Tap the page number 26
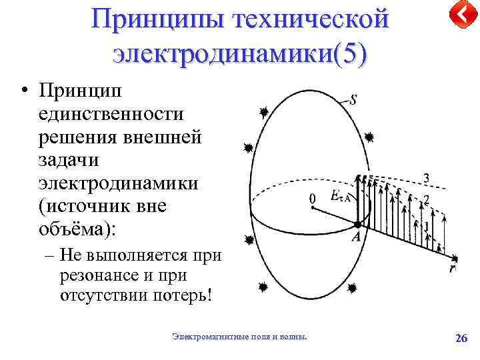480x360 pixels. click(x=461, y=338)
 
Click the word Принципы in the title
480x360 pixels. click(x=158, y=18)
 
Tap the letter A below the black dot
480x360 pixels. click(x=357, y=236)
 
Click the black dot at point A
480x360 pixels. click(x=358, y=225)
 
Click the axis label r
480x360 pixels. click(x=453, y=268)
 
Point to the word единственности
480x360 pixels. click(x=111, y=114)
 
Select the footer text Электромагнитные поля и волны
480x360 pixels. click(x=240, y=338)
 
